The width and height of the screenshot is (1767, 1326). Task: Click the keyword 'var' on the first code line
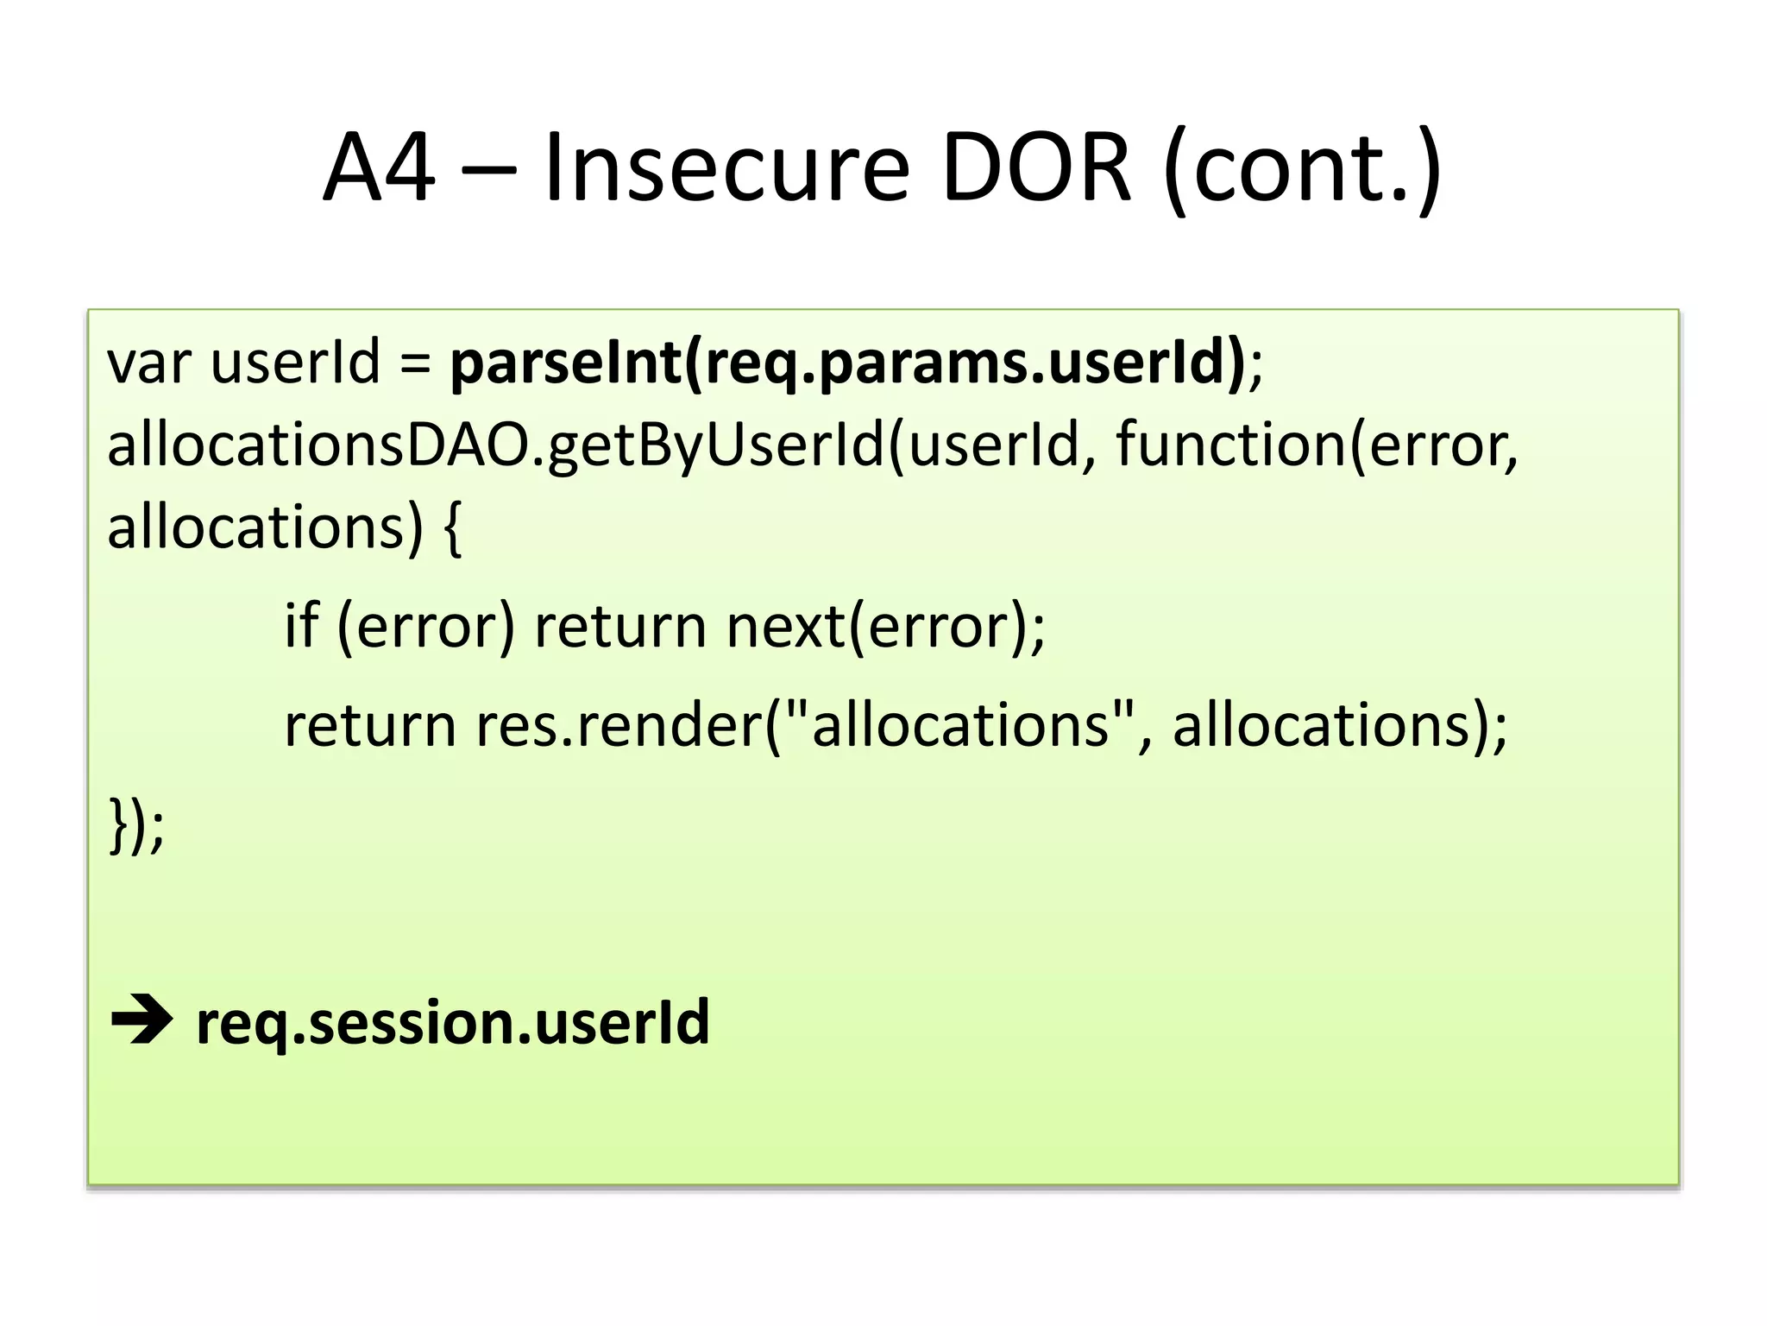(148, 362)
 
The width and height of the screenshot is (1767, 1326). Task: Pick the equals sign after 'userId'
(415, 362)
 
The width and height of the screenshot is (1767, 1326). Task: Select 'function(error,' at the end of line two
(1317, 445)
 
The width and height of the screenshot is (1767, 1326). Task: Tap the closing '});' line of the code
(136, 825)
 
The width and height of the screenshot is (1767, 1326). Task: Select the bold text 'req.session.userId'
(453, 1023)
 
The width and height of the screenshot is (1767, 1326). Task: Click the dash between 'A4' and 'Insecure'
(488, 168)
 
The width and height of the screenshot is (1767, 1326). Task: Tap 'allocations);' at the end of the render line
(1339, 725)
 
